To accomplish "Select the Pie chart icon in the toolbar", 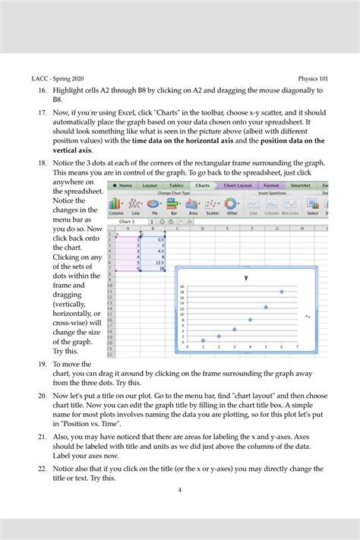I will [x=154, y=204].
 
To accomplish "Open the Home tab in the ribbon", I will [x=124, y=185].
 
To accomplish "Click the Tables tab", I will [x=175, y=185].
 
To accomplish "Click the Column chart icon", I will [x=116, y=204].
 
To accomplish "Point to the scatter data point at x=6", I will [x=282, y=291].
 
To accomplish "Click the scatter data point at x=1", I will [x=203, y=340].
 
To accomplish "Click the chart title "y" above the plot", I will [x=246, y=278].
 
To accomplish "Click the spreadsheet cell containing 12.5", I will [x=159, y=263].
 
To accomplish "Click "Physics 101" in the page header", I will [x=313, y=77].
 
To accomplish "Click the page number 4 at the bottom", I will [x=179, y=490].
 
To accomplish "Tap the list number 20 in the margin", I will [x=42, y=396].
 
